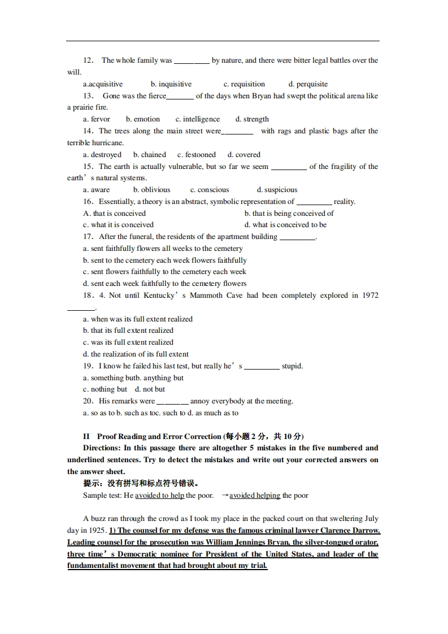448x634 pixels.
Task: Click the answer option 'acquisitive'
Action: point(106,84)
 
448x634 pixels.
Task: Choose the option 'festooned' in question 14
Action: point(199,154)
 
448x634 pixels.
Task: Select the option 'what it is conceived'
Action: point(122,225)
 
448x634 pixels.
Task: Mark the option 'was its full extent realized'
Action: point(132,342)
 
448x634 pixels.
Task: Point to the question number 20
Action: point(88,401)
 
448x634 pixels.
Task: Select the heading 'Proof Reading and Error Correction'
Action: point(159,436)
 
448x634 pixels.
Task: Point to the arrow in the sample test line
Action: point(224,496)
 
